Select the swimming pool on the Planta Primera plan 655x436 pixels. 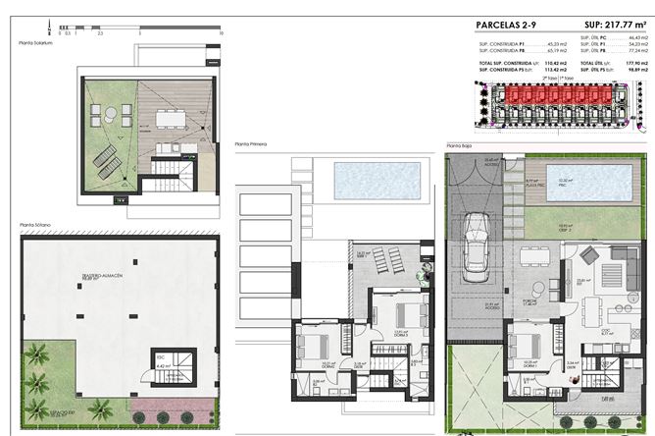click(378, 207)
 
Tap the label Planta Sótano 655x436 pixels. click(34, 226)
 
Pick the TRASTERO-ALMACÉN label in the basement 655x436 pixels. click(102, 277)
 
